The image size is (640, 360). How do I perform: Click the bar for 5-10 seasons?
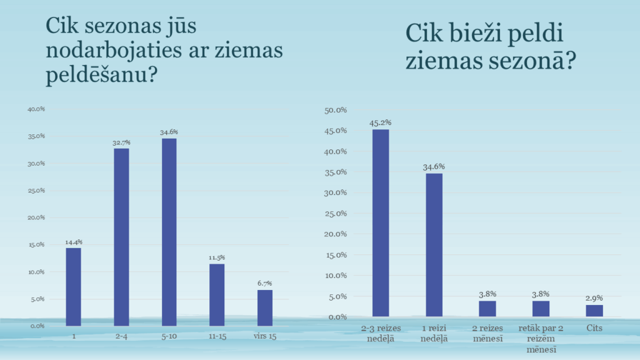[169, 232]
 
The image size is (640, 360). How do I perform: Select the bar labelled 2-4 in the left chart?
[121, 237]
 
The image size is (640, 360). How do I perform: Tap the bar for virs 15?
[265, 307]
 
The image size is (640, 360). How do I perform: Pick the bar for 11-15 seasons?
[217, 294]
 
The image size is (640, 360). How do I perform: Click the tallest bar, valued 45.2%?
[381, 222]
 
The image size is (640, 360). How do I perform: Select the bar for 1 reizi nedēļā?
[434, 244]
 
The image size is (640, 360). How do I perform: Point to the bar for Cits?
[594, 311]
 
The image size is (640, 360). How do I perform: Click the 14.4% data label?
[74, 242]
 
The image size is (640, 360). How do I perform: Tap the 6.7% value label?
[265, 283]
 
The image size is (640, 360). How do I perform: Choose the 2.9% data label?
[594, 298]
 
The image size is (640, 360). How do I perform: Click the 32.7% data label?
[121, 142]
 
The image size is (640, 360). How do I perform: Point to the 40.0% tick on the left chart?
[36, 109]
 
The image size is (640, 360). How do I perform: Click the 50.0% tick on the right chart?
[337, 110]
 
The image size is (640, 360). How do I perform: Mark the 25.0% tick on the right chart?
[337, 214]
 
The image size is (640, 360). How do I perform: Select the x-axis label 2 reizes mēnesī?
[487, 333]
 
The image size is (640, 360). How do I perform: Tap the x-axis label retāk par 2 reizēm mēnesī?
[541, 338]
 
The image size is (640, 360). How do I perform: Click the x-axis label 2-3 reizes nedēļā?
[381, 333]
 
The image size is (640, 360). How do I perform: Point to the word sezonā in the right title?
[526, 61]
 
